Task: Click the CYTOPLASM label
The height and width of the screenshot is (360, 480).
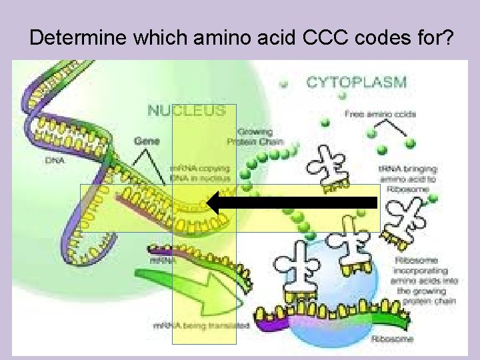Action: (x=356, y=83)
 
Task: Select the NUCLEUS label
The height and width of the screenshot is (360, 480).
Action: (x=186, y=111)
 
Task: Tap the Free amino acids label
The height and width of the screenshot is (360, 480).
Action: (x=380, y=114)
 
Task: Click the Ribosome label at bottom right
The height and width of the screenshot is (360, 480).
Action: (x=393, y=339)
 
